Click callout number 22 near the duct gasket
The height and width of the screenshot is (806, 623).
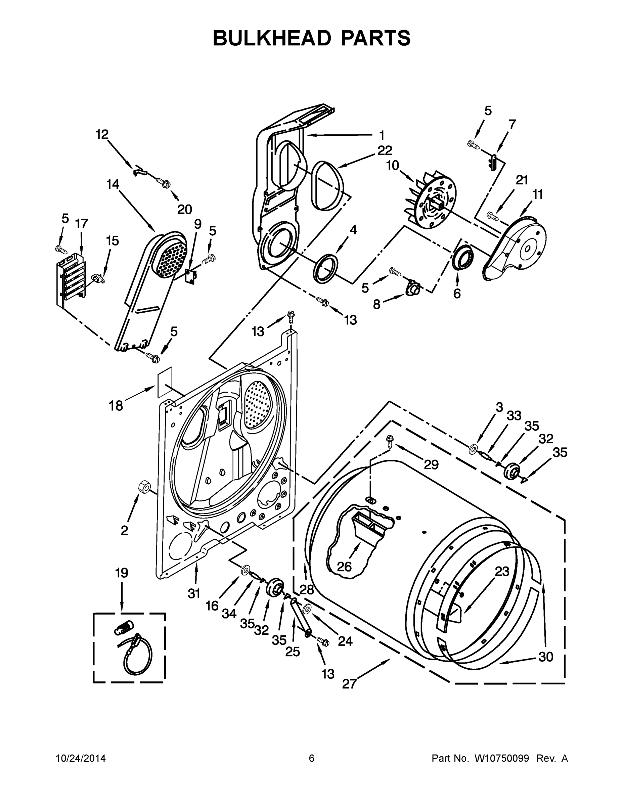[385, 150]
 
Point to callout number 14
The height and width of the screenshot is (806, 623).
[113, 184]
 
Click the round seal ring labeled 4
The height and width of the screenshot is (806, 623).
[325, 268]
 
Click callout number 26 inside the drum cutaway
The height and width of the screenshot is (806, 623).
[344, 567]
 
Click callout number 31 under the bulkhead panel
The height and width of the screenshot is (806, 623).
[194, 593]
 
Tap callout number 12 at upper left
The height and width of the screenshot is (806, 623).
[102, 134]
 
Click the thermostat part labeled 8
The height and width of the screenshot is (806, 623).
[412, 287]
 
